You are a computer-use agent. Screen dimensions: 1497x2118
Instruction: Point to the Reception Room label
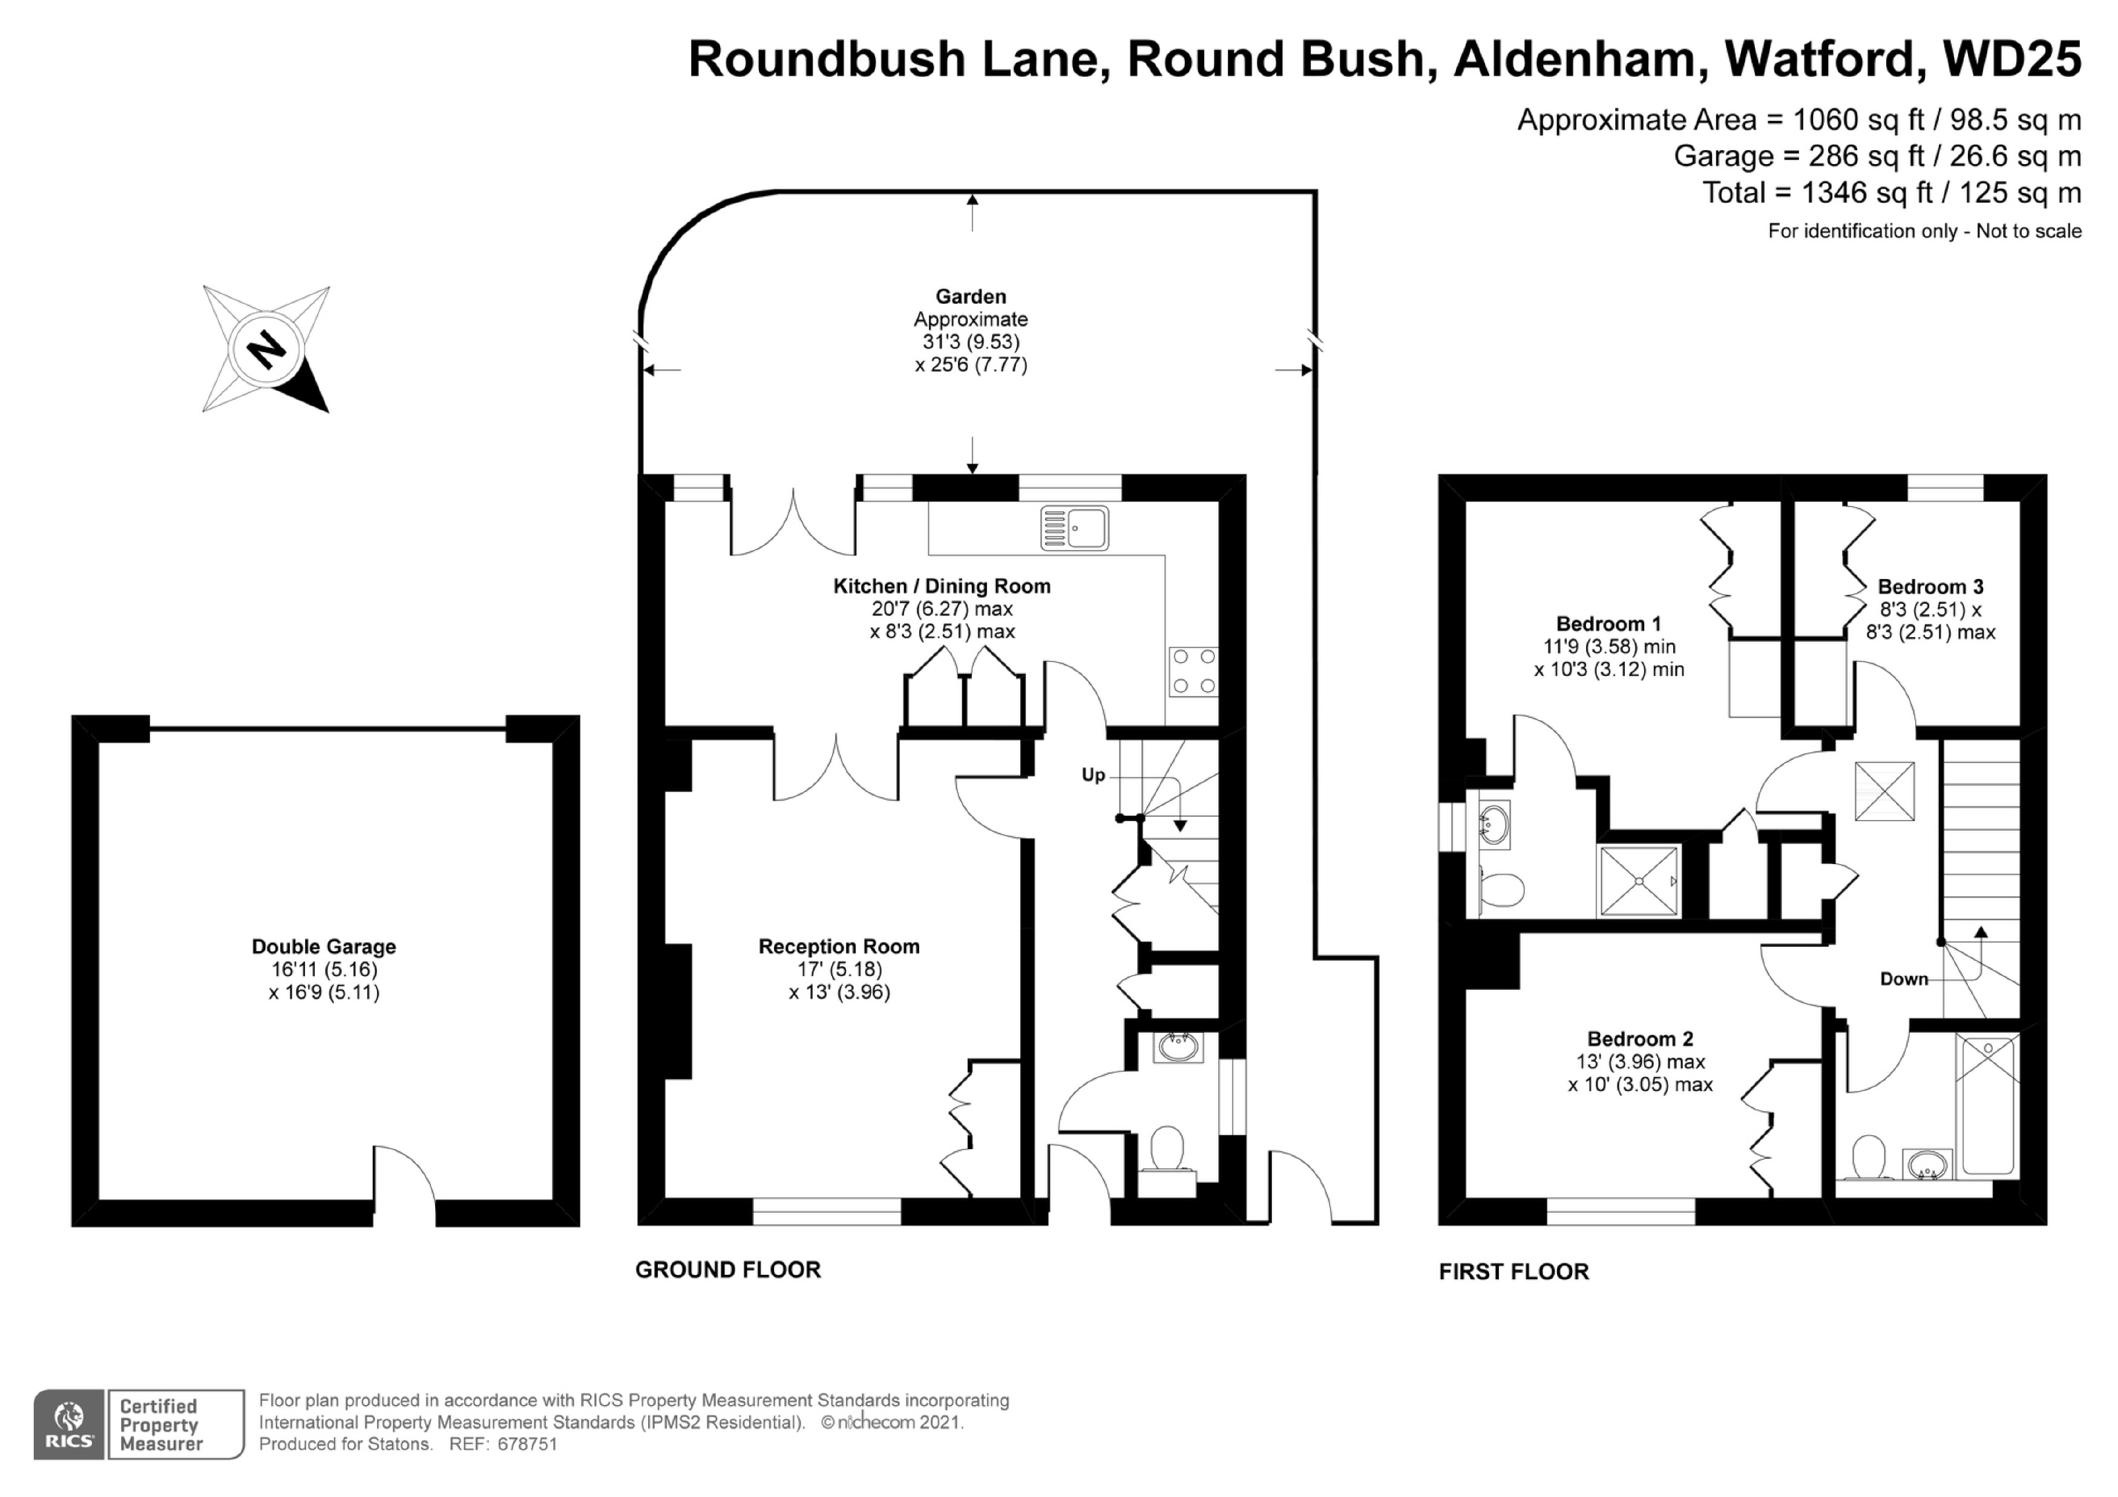click(x=839, y=946)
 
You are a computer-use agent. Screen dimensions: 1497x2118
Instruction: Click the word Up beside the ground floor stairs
click(x=1093, y=775)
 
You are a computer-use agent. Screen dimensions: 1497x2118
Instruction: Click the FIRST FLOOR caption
click(x=1514, y=1271)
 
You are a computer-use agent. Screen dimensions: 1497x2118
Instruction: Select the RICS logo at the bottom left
click(x=69, y=1425)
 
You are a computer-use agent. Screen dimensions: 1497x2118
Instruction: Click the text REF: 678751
click(x=503, y=1444)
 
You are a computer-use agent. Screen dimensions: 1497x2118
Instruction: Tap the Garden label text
click(x=971, y=297)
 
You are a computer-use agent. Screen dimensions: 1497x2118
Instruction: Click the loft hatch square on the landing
click(x=1884, y=790)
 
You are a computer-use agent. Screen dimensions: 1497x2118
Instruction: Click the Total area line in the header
click(x=1891, y=193)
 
